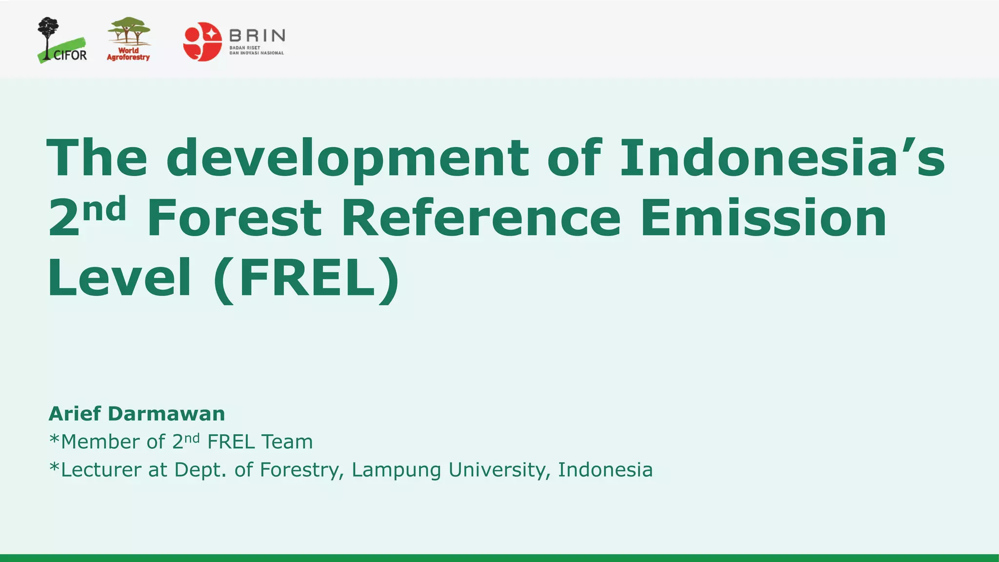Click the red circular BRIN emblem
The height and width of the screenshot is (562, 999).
click(202, 41)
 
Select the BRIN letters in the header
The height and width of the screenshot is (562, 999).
click(257, 36)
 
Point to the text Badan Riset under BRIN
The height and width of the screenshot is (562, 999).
click(245, 48)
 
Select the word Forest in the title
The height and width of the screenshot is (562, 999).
click(234, 218)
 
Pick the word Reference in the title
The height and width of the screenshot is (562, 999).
click(480, 218)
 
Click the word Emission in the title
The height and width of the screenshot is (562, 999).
click(763, 218)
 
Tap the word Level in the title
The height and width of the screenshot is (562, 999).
click(119, 278)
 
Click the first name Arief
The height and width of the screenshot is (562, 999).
click(75, 414)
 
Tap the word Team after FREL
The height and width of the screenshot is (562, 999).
click(287, 442)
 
